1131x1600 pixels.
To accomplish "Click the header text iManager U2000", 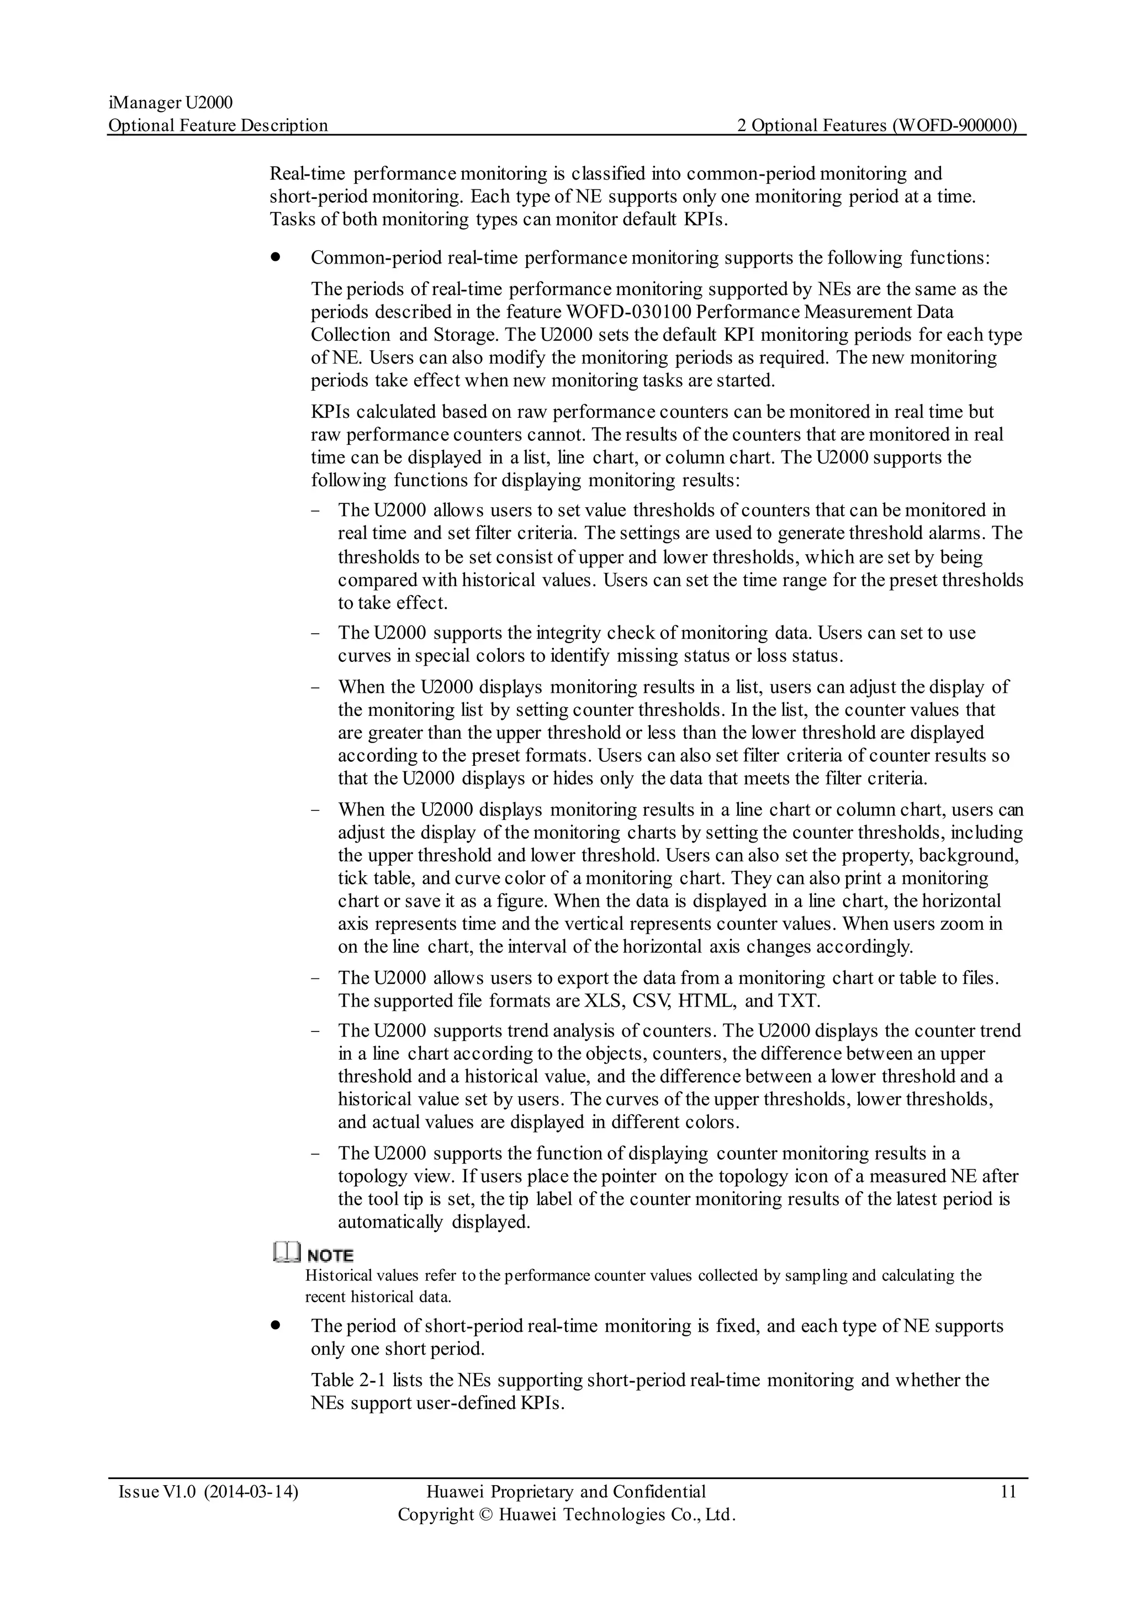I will pos(170,103).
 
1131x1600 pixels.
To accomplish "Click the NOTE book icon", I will pos(286,1254).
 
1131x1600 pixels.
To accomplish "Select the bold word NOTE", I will pos(330,1255).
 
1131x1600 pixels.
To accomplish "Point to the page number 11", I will pos(1008,1491).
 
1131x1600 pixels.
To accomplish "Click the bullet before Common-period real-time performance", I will pos(276,257).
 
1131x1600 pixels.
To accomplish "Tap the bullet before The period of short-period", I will pos(276,1325).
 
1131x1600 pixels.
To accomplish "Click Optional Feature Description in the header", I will pos(218,125).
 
